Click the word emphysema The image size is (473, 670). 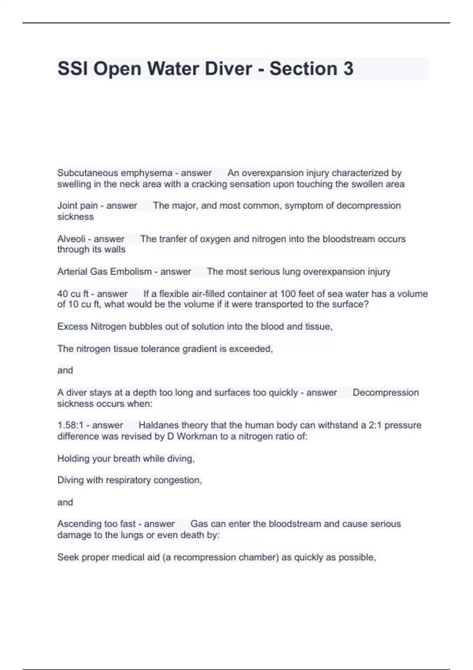point(147,173)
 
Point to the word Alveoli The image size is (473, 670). point(71,239)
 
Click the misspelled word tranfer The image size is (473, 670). point(172,239)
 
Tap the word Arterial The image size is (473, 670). point(72,272)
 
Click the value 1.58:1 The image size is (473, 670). point(70,425)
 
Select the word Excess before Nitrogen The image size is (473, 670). point(73,327)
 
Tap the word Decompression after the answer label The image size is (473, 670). point(385,393)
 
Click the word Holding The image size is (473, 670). point(72,459)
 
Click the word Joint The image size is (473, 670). point(67,206)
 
